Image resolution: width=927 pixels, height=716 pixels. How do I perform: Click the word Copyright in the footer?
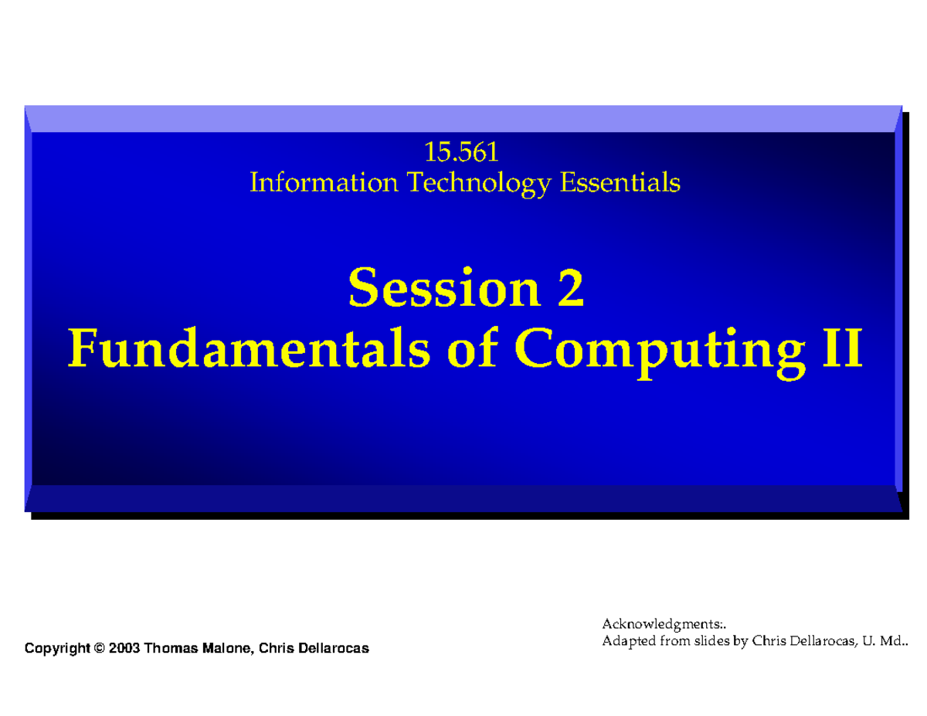tap(57, 648)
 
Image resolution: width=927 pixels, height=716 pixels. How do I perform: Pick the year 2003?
tap(124, 648)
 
